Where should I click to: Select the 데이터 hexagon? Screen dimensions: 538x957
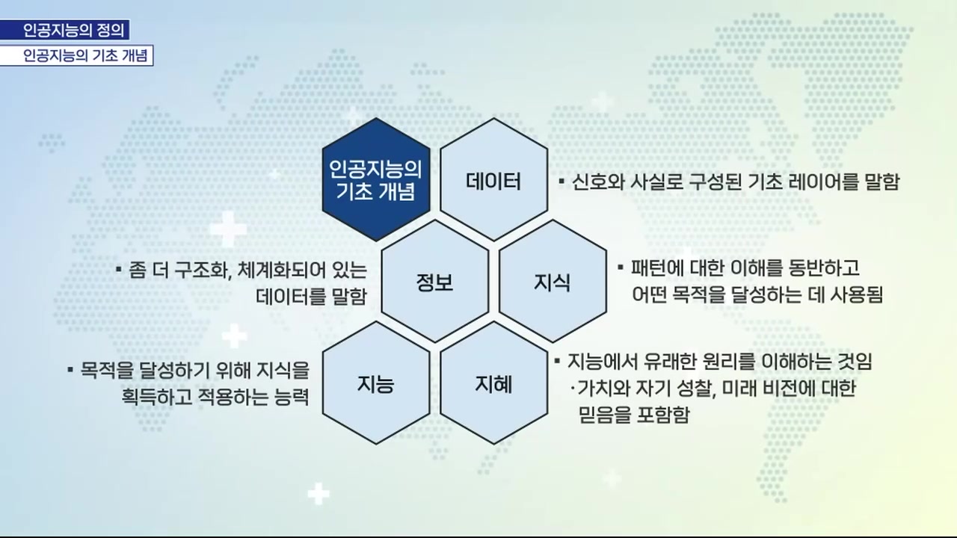[493, 180]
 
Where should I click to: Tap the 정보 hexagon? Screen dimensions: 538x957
[434, 282]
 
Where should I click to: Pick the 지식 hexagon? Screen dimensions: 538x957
[553, 282]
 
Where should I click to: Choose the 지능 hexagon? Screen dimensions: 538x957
[375, 385]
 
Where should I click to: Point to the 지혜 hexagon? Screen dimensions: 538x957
[493, 385]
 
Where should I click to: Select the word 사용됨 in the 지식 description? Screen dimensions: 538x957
[857, 294]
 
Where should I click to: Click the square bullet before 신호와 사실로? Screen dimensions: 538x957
[561, 182]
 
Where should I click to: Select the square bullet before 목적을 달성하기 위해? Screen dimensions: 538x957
[70, 369]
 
